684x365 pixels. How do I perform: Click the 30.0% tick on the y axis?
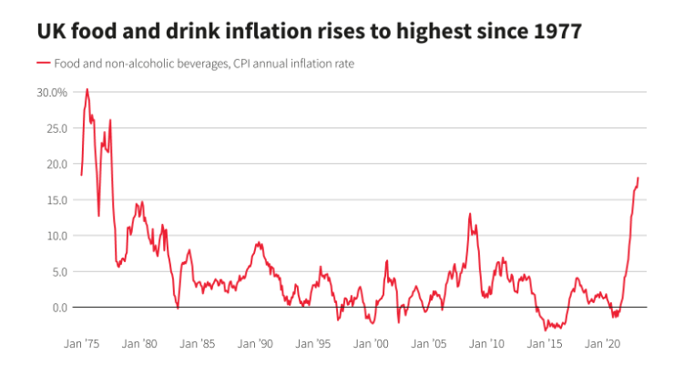click(51, 92)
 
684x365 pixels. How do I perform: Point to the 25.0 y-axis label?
click(56, 128)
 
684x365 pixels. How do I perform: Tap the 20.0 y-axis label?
click(56, 164)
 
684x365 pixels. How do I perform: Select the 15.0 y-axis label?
click(56, 199)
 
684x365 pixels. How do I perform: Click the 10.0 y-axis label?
click(56, 236)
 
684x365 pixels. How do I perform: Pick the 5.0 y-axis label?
click(58, 271)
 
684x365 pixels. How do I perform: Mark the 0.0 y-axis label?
click(58, 308)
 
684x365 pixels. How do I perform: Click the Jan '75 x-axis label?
click(81, 345)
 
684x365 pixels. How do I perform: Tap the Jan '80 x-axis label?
click(139, 345)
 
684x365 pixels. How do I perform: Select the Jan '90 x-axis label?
click(255, 345)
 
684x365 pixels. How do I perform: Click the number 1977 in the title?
click(553, 31)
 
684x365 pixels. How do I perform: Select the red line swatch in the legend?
click(43, 64)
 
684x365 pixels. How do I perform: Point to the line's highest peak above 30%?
click(87, 89)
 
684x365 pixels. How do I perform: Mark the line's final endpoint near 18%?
click(638, 178)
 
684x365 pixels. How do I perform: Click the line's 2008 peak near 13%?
click(470, 214)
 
